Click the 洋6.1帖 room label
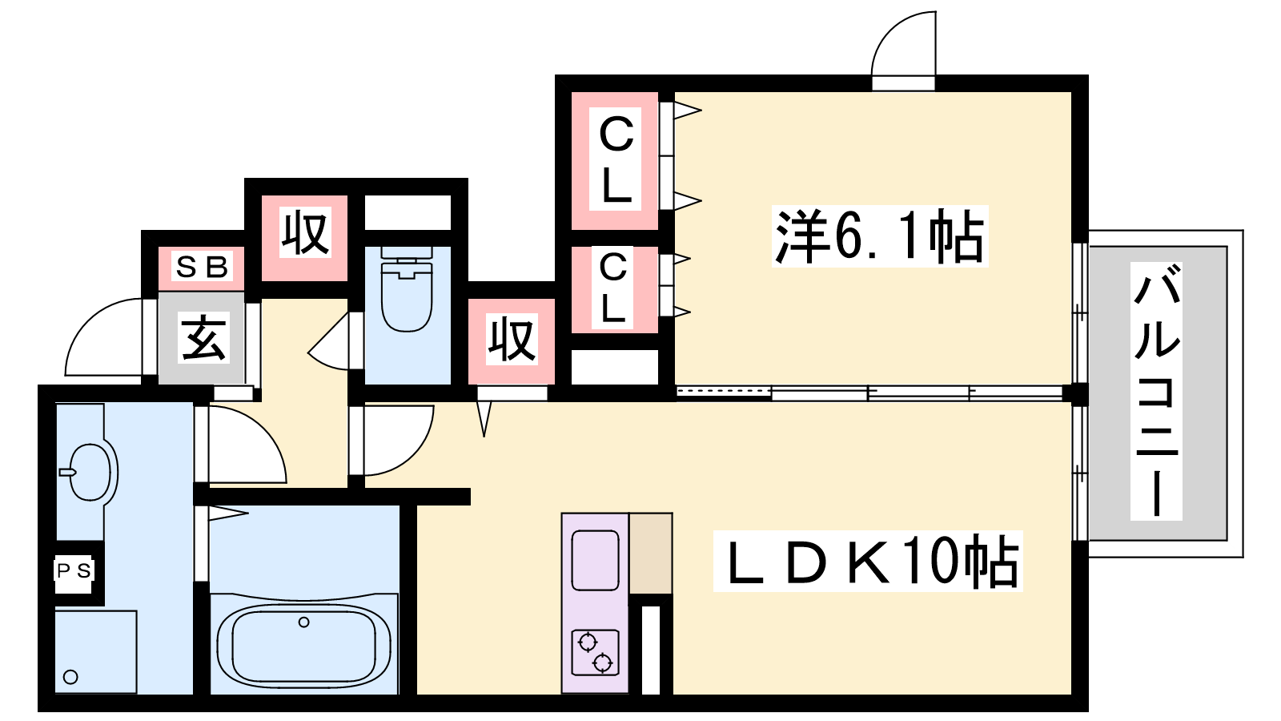pyautogui.click(x=879, y=236)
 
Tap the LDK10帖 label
pyautogui.click(x=868, y=562)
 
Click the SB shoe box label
pyautogui.click(x=202, y=267)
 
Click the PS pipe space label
pyautogui.click(x=74, y=570)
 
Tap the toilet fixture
pyautogui.click(x=407, y=292)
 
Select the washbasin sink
pyautogui.click(x=90, y=471)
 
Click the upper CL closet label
pyautogui.click(x=616, y=160)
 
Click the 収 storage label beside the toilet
pyautogui.click(x=305, y=233)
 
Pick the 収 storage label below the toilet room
pyautogui.click(x=512, y=340)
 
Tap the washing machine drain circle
pyautogui.click(x=70, y=677)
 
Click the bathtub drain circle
pyautogui.click(x=303, y=622)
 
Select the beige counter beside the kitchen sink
pyautogui.click(x=650, y=553)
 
